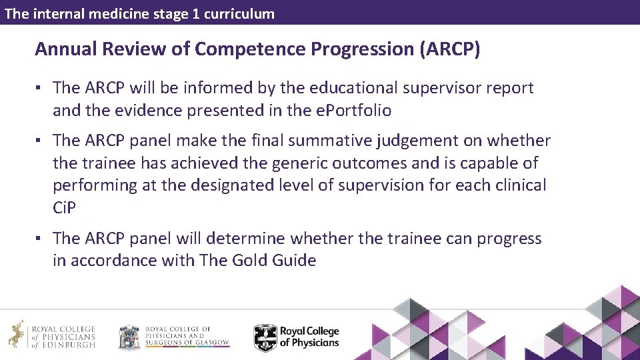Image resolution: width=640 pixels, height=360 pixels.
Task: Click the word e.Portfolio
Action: [353, 110]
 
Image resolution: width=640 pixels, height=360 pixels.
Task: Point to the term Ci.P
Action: [65, 207]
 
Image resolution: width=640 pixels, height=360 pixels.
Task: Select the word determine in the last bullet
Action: [277, 239]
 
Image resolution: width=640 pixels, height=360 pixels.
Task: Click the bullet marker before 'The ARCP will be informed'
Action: [40, 88]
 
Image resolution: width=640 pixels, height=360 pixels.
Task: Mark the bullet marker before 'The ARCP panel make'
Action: [40, 141]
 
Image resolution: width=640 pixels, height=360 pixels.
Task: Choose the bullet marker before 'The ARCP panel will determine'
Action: [40, 239]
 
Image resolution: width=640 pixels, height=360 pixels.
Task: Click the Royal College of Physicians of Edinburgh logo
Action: [52, 336]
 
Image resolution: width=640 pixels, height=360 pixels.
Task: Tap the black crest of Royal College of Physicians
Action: [265, 337]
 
